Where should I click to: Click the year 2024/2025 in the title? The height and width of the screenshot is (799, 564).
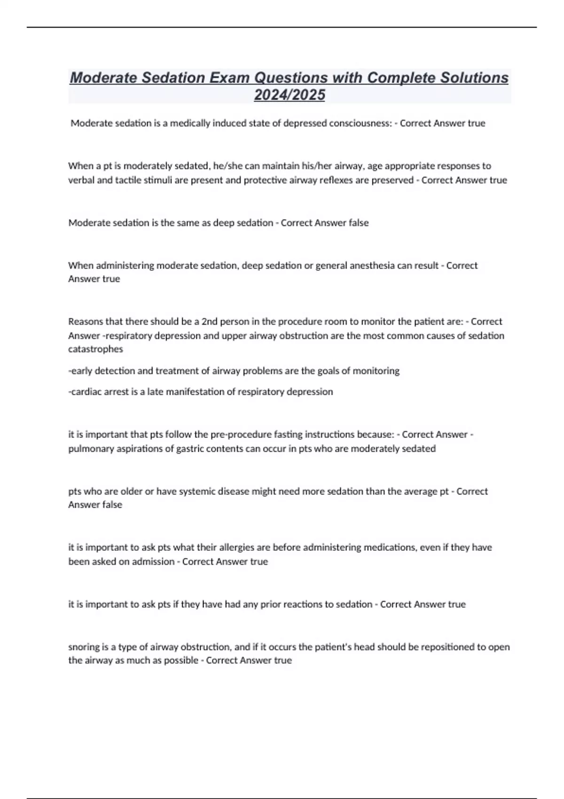point(289,95)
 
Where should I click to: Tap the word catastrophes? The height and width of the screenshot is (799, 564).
point(95,349)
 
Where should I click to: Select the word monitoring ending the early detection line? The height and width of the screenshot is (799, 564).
point(376,371)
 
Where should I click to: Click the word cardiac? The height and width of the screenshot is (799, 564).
point(84,392)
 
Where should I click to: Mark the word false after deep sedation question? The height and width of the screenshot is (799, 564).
point(358,223)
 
